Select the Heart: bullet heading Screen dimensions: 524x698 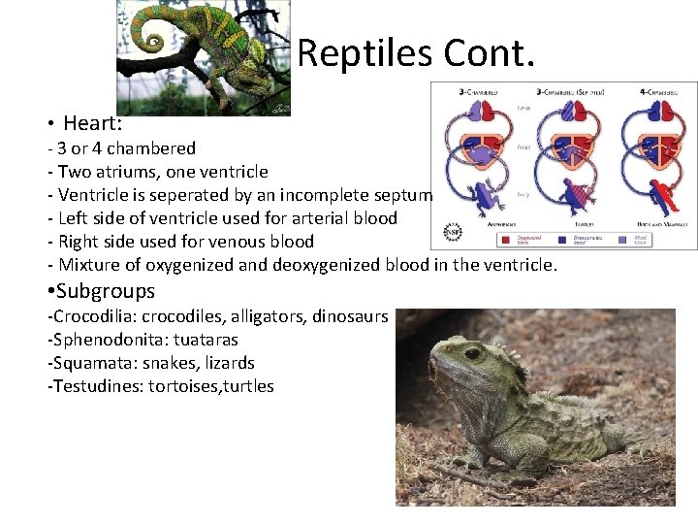point(92,123)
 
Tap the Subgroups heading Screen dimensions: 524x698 point(106,291)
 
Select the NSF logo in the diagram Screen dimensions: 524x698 point(453,234)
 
